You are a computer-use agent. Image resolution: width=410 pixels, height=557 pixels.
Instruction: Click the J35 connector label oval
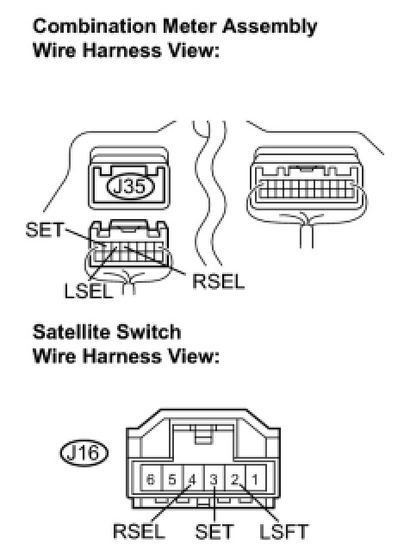click(x=130, y=186)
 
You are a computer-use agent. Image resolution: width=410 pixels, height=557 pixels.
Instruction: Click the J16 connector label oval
click(x=84, y=453)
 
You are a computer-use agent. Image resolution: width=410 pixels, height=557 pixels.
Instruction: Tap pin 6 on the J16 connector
click(x=151, y=479)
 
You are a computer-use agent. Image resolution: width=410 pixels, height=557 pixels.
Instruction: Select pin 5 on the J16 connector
click(x=172, y=479)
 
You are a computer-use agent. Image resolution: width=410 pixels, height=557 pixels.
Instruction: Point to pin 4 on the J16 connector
click(x=193, y=479)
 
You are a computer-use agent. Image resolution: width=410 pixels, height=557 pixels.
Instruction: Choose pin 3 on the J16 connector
click(x=214, y=479)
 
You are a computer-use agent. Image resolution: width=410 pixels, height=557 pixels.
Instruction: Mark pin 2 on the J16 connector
click(x=235, y=479)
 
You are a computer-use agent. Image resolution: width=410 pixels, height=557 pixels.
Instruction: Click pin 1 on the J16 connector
click(x=256, y=479)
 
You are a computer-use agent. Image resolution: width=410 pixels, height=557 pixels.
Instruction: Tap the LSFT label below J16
click(x=283, y=532)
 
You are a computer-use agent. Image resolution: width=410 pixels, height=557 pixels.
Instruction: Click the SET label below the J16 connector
click(x=214, y=532)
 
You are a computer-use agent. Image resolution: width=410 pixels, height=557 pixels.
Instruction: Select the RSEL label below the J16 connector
click(x=140, y=532)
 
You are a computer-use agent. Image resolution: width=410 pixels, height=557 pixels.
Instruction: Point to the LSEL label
click(x=89, y=291)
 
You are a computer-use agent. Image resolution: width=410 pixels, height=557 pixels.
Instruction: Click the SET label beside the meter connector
click(x=45, y=229)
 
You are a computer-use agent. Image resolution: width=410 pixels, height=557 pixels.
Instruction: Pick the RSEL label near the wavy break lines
click(x=218, y=282)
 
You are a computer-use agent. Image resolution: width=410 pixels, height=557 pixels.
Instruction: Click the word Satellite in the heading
click(x=71, y=332)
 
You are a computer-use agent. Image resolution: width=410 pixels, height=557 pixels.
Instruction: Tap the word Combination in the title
click(x=95, y=27)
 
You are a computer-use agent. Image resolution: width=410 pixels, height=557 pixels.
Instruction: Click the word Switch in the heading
click(x=149, y=332)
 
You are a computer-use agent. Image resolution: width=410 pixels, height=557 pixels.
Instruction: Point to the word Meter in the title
click(x=190, y=27)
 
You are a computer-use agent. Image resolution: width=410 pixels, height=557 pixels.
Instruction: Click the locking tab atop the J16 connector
click(x=202, y=434)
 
